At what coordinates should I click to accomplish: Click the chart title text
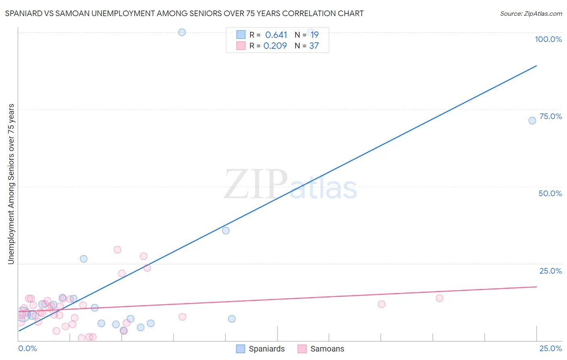click(184, 13)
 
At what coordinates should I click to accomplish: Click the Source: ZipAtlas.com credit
click(531, 13)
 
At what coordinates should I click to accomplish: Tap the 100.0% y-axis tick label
click(548, 39)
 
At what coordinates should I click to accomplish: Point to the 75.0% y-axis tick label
click(550, 116)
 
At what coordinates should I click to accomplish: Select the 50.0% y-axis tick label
click(550, 193)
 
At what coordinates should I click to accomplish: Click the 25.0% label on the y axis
click(550, 271)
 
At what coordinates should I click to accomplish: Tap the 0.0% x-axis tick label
click(27, 348)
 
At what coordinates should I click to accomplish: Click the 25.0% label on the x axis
click(550, 348)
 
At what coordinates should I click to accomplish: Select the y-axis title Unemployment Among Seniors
click(11, 184)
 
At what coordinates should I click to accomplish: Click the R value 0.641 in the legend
click(276, 35)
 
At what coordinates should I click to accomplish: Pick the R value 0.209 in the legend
click(275, 46)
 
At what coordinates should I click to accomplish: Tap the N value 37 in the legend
click(314, 46)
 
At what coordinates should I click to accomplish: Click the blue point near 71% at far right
click(532, 120)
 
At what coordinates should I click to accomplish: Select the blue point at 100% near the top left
click(182, 32)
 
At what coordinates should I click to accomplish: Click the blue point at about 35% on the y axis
click(226, 230)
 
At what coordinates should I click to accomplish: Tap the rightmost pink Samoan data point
click(440, 298)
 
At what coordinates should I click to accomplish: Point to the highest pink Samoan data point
click(117, 249)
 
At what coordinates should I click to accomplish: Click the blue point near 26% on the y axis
click(83, 259)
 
